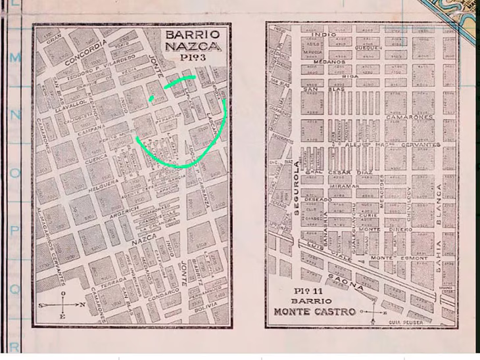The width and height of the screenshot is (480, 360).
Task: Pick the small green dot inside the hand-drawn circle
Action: [x=151, y=99]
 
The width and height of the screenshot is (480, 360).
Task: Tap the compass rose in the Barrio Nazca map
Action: [x=62, y=304]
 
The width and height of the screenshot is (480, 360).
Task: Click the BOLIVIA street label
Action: [x=206, y=305]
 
